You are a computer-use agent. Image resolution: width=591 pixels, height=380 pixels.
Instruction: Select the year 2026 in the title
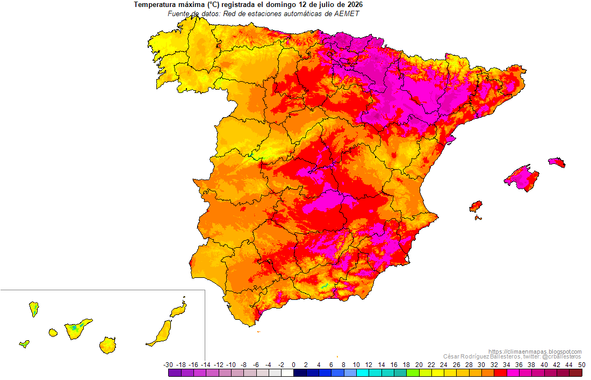[x=355, y=5]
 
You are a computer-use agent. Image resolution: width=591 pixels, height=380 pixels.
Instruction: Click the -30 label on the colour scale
[x=168, y=365]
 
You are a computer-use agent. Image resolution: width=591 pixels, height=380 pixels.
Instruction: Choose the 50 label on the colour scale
[x=581, y=365]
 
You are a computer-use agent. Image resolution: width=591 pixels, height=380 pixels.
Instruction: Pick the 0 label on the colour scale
[x=293, y=365]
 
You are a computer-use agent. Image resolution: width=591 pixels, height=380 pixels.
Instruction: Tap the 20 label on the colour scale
[x=419, y=365]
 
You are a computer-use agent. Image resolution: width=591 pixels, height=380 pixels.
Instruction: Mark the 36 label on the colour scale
[x=519, y=365]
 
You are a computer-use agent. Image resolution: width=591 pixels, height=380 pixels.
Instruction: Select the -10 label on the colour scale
[x=230, y=365]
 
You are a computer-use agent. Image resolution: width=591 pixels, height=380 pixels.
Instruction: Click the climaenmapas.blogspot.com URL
[x=535, y=352]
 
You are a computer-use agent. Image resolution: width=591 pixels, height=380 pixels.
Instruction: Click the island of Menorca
[x=557, y=162]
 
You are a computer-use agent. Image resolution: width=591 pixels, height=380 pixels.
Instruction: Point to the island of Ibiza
[x=475, y=206]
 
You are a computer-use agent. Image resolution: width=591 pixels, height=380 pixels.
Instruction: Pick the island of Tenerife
[x=77, y=329]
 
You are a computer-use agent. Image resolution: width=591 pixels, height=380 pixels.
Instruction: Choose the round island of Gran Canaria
[x=108, y=345]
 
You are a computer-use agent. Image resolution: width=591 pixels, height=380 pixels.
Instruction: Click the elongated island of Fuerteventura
[x=160, y=333]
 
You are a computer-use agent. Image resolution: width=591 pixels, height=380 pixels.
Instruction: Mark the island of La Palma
[x=34, y=309]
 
